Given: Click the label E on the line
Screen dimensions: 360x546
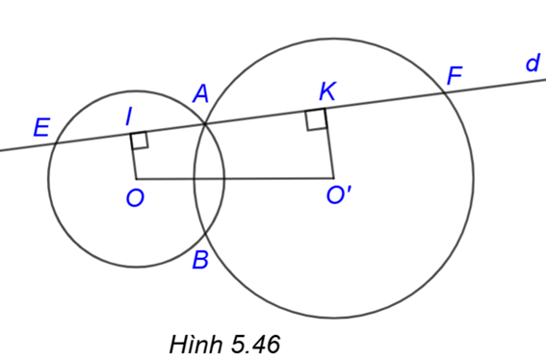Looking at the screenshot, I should (x=41, y=127).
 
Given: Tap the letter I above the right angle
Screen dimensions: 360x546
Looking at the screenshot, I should (x=129, y=116).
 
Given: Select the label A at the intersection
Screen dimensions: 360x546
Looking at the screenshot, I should (x=200, y=93).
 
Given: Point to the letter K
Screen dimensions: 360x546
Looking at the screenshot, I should (x=327, y=92).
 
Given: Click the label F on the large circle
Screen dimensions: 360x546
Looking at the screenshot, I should (x=455, y=74).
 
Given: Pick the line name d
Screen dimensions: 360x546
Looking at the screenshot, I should (x=532, y=64).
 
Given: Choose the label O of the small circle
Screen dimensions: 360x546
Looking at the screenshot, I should (x=135, y=198).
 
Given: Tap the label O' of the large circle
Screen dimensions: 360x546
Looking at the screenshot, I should (x=338, y=196).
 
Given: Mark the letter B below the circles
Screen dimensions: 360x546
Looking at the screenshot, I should (x=200, y=259).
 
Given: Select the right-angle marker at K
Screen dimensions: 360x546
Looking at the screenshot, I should (x=316, y=119).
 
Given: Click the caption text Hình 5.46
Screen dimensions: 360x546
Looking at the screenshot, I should (x=223, y=343).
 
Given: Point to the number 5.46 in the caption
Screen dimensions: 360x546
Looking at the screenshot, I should (x=253, y=343).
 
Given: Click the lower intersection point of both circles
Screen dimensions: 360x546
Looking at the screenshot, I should (x=204, y=232).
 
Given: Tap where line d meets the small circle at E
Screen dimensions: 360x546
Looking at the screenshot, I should (x=53, y=143).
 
